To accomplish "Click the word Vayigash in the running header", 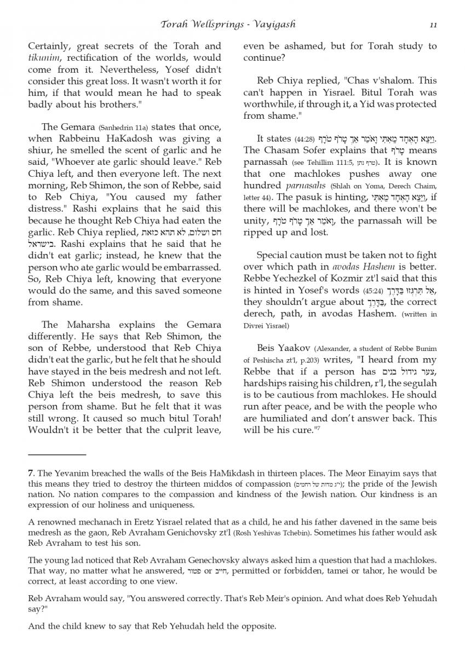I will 273,25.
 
